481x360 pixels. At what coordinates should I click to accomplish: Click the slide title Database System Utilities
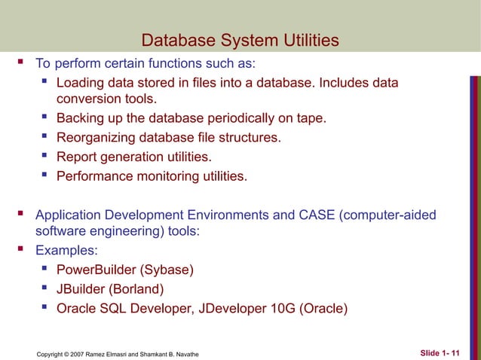pyautogui.click(x=240, y=40)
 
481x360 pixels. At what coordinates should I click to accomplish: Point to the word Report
pyautogui.click(x=78, y=157)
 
